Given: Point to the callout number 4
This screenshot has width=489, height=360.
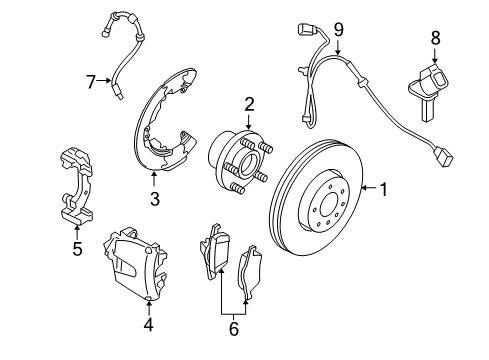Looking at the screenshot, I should point(147,323).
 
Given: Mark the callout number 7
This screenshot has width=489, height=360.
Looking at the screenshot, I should point(91,79).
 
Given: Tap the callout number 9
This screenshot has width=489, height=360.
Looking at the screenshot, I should point(338,29).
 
